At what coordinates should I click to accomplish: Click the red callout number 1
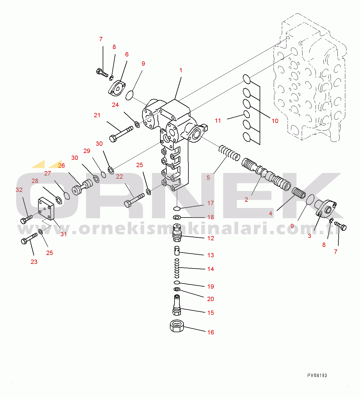(181, 70)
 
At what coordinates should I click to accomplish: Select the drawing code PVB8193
(317, 375)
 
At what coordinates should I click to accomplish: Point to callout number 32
(19, 190)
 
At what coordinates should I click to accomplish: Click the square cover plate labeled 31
(46, 209)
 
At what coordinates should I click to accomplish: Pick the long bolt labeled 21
(121, 134)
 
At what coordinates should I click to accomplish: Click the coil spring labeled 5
(229, 153)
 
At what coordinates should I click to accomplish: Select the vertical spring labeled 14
(177, 268)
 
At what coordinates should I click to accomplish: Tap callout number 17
(211, 203)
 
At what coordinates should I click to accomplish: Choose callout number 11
(218, 121)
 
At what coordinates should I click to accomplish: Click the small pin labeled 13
(177, 251)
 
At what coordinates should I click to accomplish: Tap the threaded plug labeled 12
(177, 232)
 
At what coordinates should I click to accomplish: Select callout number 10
(275, 121)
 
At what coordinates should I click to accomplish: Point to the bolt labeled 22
(134, 201)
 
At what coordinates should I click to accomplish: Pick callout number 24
(115, 105)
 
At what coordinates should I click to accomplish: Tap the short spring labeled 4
(299, 193)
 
